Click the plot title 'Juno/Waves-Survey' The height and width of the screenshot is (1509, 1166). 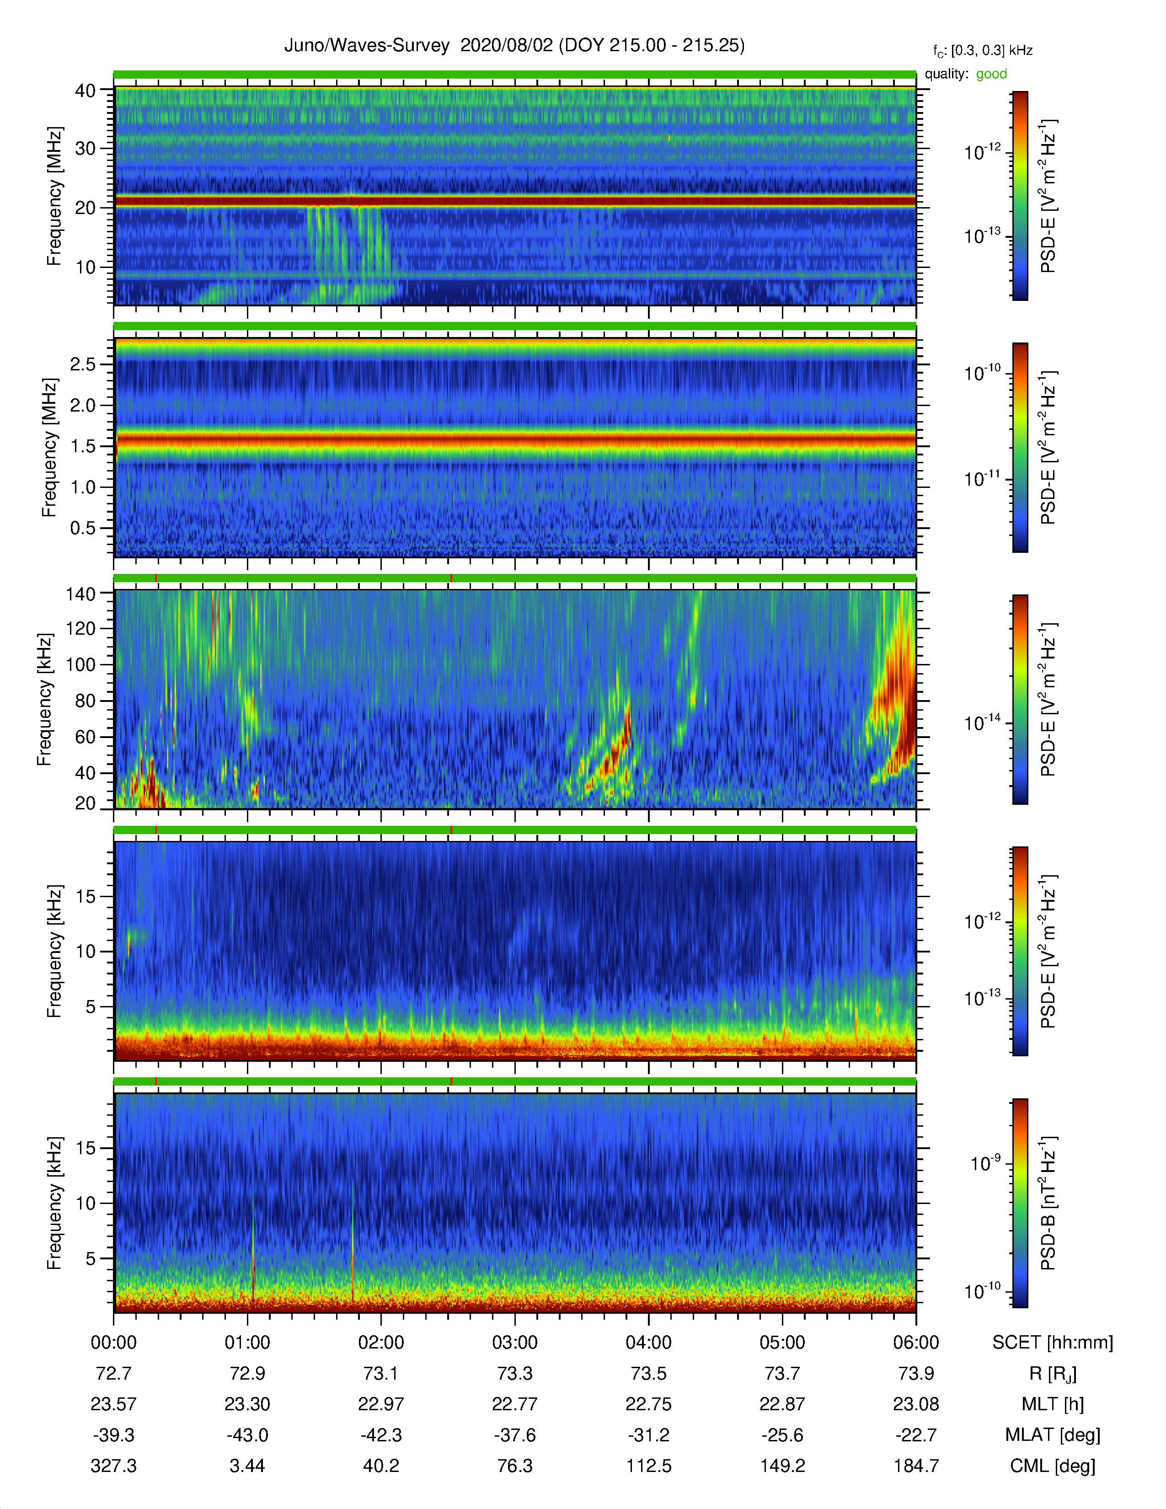click(367, 46)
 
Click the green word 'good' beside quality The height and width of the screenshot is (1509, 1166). click(991, 74)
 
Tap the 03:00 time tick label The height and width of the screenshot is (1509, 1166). click(514, 1343)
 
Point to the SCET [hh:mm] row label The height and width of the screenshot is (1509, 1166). click(1053, 1343)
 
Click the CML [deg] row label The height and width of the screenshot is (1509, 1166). click(1053, 1466)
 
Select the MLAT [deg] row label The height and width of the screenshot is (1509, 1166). click(1053, 1435)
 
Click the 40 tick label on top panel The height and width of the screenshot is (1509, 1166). click(85, 91)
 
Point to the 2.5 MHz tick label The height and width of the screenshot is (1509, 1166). click(83, 364)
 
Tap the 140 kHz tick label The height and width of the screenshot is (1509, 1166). click(80, 594)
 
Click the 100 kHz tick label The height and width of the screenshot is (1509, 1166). click(80, 665)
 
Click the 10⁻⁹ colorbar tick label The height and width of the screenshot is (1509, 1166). click(986, 1163)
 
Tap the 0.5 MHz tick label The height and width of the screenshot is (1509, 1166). click(83, 528)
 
